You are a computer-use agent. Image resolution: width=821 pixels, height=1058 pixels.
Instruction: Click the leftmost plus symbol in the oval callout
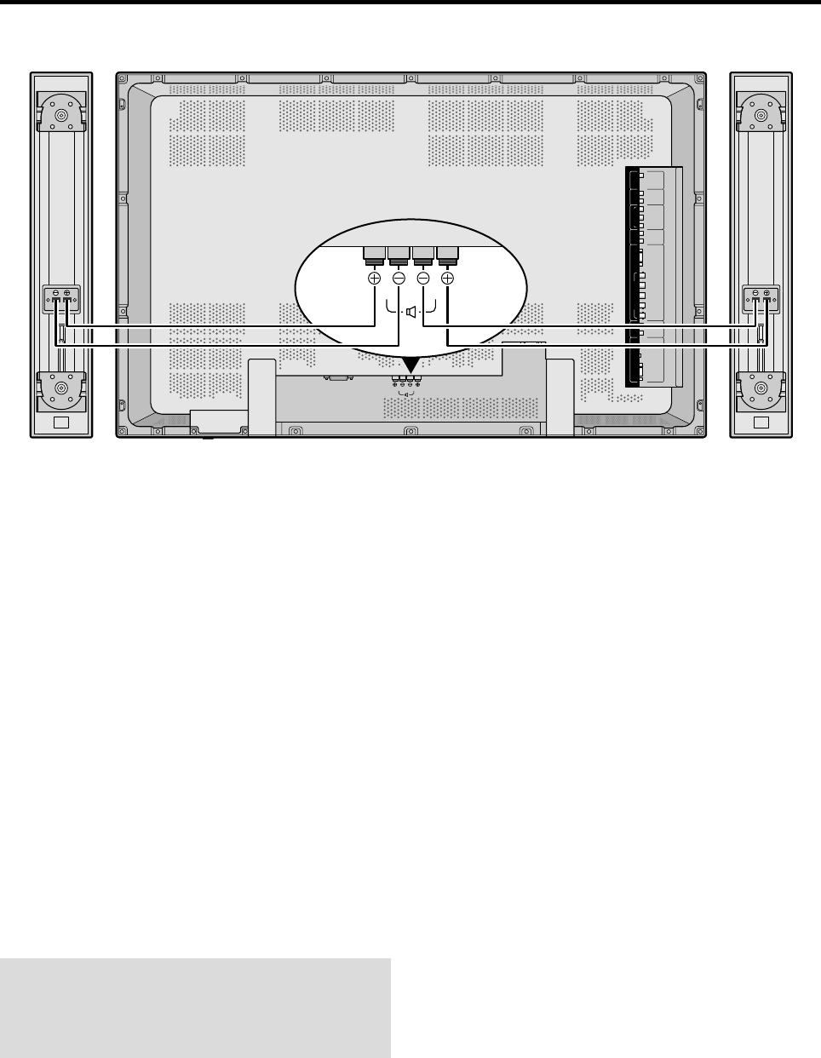[x=374, y=279]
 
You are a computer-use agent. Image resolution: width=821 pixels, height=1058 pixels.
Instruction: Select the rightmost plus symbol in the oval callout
[x=448, y=279]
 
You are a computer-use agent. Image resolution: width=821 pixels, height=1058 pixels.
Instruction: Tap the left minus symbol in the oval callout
[x=399, y=279]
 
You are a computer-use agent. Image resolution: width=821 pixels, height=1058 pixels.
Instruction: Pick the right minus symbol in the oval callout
[x=423, y=279]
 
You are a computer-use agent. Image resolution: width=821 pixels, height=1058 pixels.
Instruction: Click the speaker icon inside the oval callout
[x=411, y=312]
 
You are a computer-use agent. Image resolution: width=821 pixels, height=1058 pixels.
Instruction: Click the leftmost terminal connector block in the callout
[x=374, y=253]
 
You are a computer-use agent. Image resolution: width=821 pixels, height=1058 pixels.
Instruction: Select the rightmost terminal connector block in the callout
[x=448, y=253]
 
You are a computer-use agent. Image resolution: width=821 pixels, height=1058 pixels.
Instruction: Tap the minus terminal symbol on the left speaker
[x=55, y=293]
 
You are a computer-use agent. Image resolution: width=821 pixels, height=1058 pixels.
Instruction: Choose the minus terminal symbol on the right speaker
[x=755, y=293]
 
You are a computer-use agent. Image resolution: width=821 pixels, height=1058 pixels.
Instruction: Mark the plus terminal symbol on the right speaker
[x=766, y=293]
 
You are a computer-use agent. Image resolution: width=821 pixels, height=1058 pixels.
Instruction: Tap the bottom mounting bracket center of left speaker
[x=61, y=391]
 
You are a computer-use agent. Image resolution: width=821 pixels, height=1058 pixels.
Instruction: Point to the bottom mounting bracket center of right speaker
[x=761, y=391]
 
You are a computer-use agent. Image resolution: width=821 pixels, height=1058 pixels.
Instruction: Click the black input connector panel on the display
[x=634, y=277]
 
